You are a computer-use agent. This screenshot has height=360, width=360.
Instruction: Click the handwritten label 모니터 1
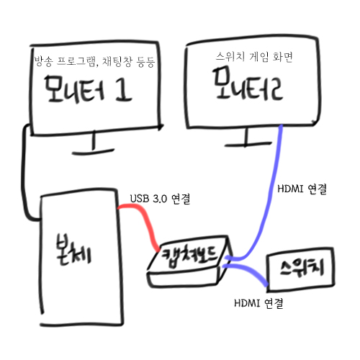point(88,89)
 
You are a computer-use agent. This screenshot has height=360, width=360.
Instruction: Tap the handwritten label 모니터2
point(248,84)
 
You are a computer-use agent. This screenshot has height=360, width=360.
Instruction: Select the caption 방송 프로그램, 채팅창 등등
point(94,61)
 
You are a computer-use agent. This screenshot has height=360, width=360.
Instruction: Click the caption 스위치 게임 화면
point(254,57)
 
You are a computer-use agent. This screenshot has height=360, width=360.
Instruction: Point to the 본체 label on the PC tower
point(73,250)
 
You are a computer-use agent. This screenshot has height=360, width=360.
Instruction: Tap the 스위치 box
point(300,269)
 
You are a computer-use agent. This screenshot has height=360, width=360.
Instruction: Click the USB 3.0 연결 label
point(160,199)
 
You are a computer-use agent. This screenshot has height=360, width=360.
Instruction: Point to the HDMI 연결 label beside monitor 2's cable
point(302,189)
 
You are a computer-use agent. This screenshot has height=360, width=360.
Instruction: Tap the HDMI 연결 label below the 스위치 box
point(258,303)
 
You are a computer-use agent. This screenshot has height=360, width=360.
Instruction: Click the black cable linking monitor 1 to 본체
point(23,173)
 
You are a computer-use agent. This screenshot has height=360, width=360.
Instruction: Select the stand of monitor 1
point(94,144)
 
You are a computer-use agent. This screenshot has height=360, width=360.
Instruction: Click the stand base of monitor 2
point(248,144)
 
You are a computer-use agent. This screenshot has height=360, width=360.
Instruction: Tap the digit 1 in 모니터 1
point(124,89)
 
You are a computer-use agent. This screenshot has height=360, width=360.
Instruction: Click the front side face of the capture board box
point(184,278)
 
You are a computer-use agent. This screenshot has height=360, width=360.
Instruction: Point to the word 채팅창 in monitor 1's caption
point(117,61)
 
